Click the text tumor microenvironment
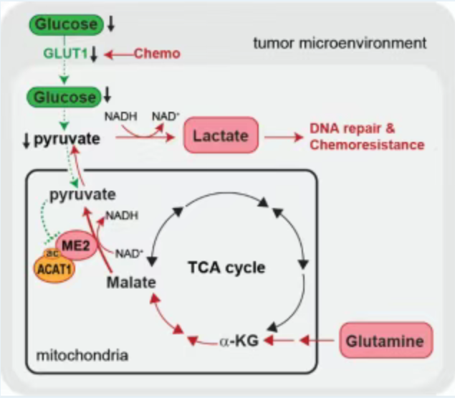(x=340, y=44)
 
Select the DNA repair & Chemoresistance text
(x=367, y=137)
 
